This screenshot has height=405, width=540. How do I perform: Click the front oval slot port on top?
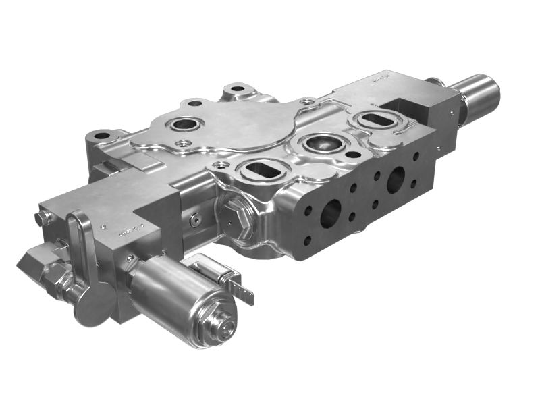click(x=261, y=171)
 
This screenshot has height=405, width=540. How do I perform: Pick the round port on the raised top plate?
click(x=184, y=124)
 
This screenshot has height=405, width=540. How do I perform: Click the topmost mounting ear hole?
click(x=237, y=88)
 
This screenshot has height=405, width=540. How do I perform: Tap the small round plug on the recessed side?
click(x=196, y=219)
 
